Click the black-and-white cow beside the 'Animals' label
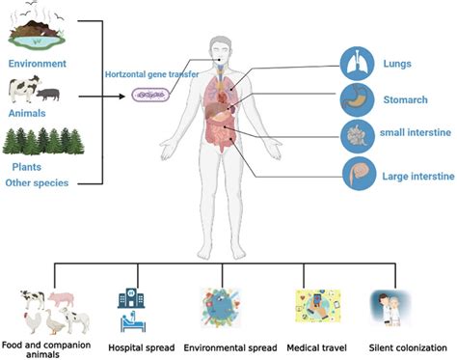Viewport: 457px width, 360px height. [22, 90]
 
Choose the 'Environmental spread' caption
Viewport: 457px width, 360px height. [228, 347]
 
